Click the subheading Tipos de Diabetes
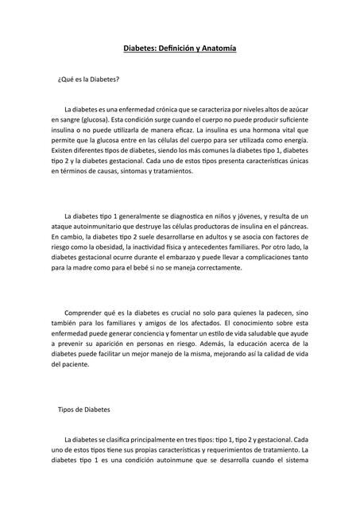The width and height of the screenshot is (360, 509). pos(84,410)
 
